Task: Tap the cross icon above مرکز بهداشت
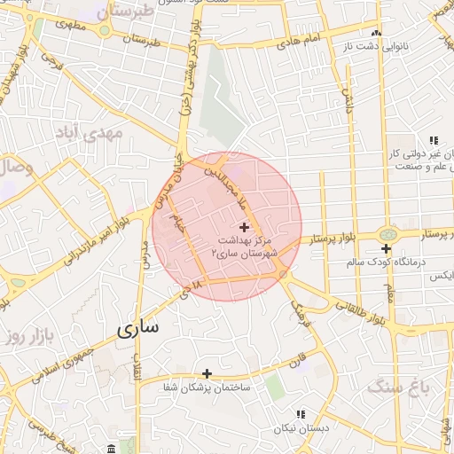(x=246, y=229)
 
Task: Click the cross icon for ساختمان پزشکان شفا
(x=207, y=373)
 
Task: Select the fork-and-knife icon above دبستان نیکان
(x=301, y=413)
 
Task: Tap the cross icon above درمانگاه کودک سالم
(x=387, y=249)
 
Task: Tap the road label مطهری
(x=77, y=25)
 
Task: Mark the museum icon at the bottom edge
(x=110, y=448)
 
